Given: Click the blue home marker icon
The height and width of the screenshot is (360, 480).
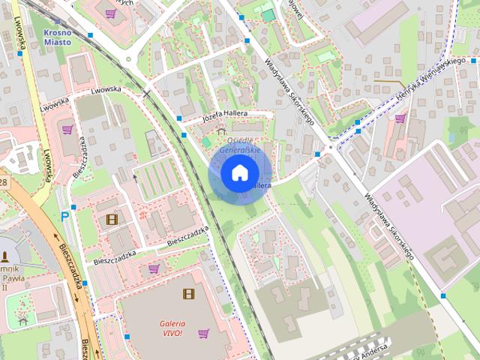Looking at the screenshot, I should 239,173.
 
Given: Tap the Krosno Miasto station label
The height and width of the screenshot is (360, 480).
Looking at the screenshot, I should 58,37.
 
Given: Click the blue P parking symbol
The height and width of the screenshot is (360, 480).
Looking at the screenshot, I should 65,216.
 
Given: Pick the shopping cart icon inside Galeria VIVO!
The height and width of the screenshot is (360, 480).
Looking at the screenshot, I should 202,333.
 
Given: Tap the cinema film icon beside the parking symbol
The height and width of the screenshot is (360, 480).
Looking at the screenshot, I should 112,219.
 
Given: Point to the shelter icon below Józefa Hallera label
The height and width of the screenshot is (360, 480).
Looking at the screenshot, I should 220,130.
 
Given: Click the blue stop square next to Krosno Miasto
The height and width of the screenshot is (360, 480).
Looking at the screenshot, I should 90,35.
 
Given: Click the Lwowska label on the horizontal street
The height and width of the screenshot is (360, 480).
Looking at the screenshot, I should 105,90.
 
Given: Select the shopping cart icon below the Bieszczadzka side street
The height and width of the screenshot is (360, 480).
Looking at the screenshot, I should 154,268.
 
